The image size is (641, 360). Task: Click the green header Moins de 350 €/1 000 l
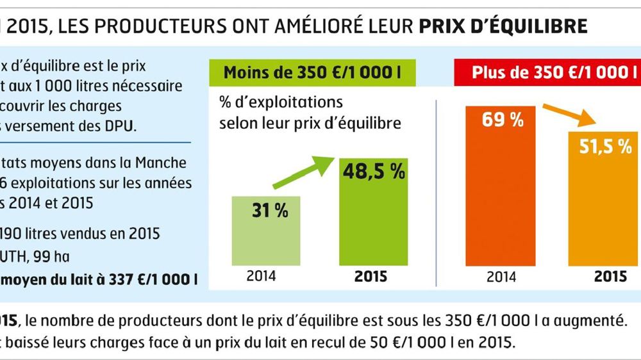coord(312,72)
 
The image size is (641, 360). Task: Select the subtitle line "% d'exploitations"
coord(281,102)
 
